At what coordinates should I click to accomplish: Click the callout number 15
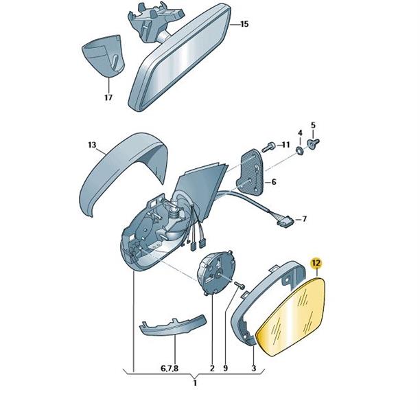tap(244, 24)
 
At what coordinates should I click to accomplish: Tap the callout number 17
tap(108, 98)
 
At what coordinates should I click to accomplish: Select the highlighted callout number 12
tap(316, 263)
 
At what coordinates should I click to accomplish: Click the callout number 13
tap(92, 145)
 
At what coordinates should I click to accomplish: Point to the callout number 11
tap(285, 145)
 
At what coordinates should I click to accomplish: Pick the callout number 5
tap(313, 125)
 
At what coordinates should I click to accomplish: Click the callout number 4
tap(300, 133)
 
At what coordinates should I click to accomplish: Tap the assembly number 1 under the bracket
tap(195, 382)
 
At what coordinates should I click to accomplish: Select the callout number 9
tap(225, 368)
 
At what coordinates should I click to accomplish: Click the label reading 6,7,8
tap(170, 369)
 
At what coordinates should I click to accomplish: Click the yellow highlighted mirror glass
tap(292, 317)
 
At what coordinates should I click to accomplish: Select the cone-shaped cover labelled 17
tap(104, 56)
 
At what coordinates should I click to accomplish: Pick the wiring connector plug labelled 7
tap(285, 222)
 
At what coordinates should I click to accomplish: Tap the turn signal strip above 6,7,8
tap(173, 325)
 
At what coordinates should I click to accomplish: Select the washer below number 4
tap(300, 150)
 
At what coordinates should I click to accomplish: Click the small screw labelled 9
tap(240, 285)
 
